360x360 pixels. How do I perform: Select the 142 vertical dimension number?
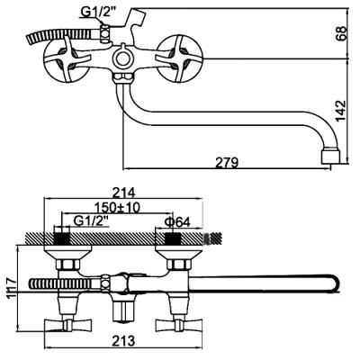point(341,111)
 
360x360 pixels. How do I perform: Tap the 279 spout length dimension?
point(227,163)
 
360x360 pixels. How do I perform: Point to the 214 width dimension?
point(123,192)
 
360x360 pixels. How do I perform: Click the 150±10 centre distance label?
point(117,207)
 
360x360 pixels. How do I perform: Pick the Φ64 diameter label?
point(177,222)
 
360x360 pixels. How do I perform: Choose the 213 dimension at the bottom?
point(123,340)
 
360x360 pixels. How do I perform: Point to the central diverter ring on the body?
point(122,58)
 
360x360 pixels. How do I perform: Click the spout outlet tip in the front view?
point(330,155)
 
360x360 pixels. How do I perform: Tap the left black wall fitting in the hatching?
point(61,238)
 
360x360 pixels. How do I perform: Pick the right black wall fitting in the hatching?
point(174,238)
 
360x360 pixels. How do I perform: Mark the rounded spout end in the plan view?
point(336,283)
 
